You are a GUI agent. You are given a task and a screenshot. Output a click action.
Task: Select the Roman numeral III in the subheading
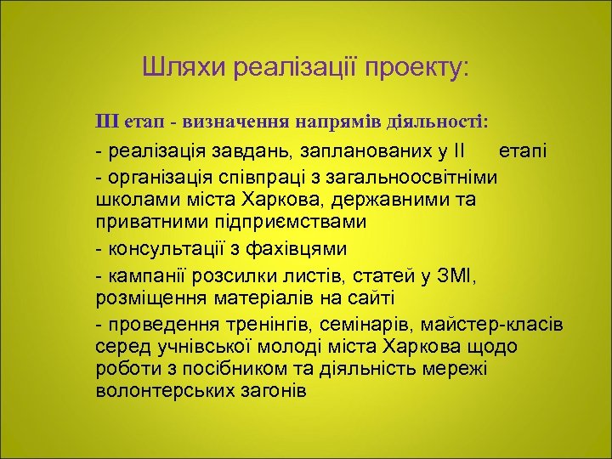pos(109,122)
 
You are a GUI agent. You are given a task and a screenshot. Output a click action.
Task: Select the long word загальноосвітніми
pos(428,177)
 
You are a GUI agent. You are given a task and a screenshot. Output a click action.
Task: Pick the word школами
pos(132,200)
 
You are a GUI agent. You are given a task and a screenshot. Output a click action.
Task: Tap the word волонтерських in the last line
pos(158,393)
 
